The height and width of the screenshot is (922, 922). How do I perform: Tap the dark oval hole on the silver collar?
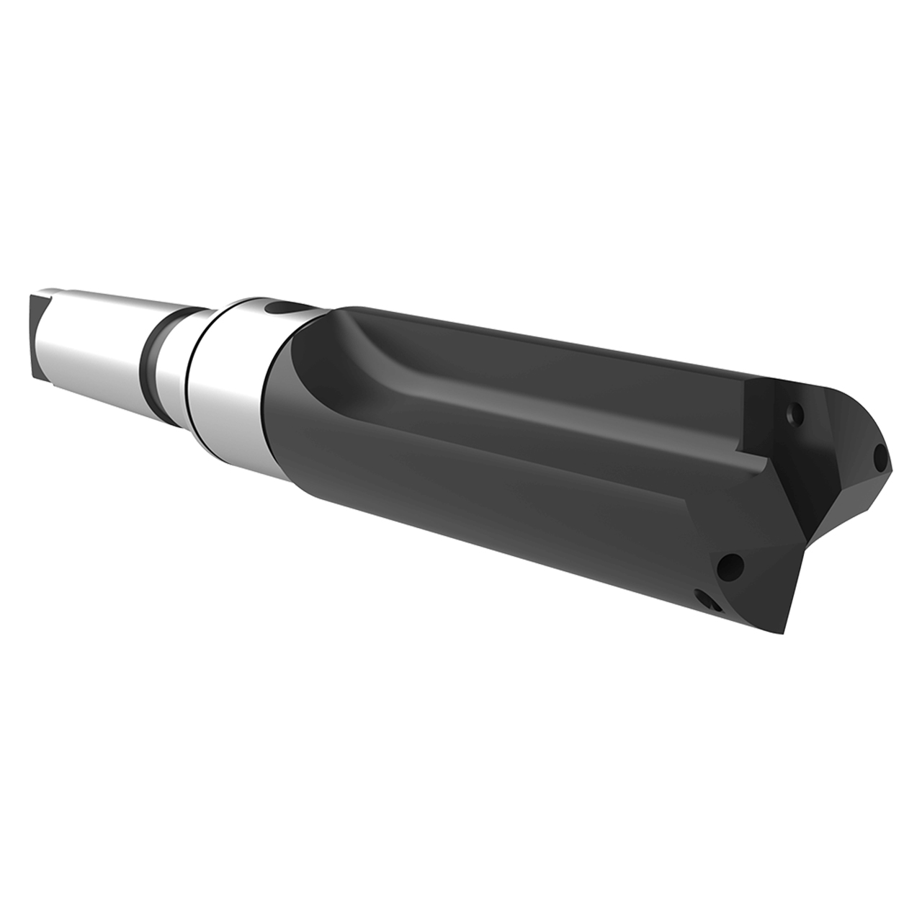coord(280,309)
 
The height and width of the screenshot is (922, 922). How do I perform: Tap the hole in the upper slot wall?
coord(795,414)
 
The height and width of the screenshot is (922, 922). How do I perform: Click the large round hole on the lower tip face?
coord(731,565)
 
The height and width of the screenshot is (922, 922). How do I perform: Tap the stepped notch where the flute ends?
coord(749,461)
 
